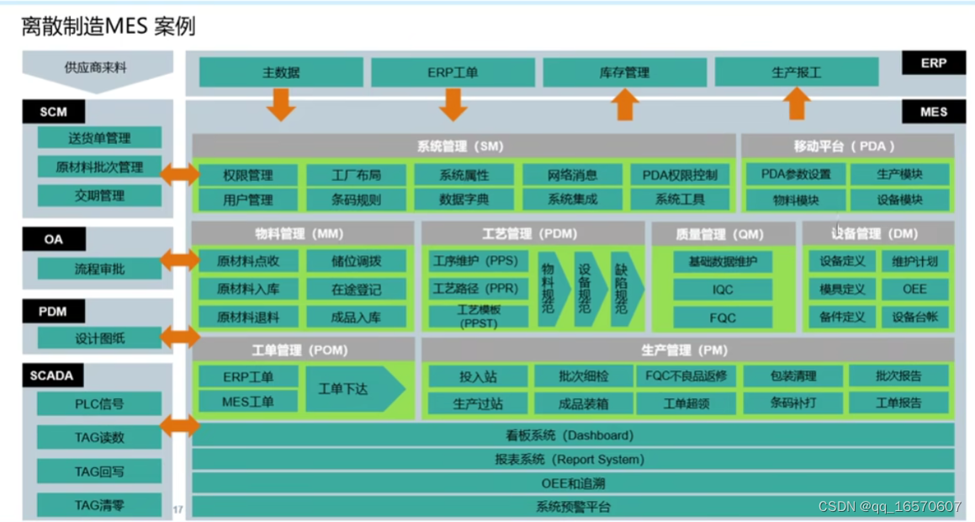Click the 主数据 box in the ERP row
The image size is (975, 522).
[x=281, y=72]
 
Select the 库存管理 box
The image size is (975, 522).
[x=624, y=72]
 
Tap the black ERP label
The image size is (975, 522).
[x=933, y=63]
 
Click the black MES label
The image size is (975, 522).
[x=933, y=112]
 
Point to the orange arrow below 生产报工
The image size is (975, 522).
[x=795, y=104]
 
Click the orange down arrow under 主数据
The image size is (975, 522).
[x=281, y=104]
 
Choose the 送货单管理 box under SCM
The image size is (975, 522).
[x=99, y=138]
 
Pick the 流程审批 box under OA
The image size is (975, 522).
[x=99, y=269]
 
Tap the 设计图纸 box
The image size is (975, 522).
[x=99, y=338]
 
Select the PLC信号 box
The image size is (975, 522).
[x=99, y=404]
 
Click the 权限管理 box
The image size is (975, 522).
[x=248, y=175]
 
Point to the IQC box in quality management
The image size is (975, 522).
[x=723, y=290]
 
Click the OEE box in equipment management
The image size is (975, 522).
[x=914, y=290]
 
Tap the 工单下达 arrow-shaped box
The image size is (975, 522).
[x=354, y=389]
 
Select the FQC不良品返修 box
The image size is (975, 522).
[x=686, y=376]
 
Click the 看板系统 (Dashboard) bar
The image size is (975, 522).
[x=573, y=435]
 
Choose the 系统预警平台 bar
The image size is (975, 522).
[x=573, y=507]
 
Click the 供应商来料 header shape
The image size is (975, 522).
[x=97, y=68]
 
